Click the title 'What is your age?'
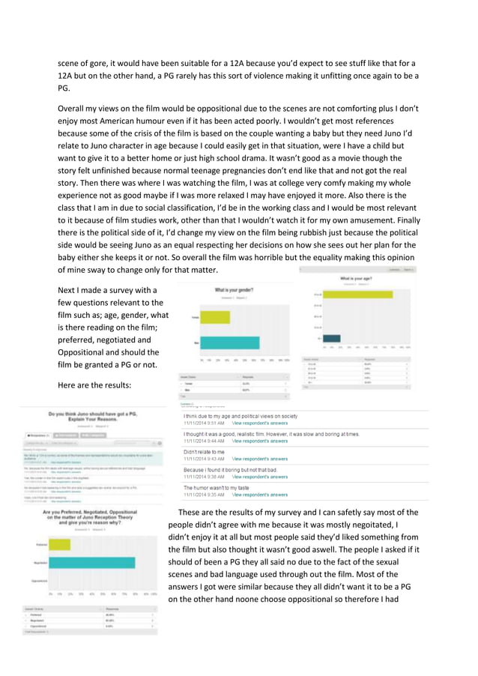[x=358, y=279]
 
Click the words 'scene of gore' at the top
[x=84, y=63]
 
